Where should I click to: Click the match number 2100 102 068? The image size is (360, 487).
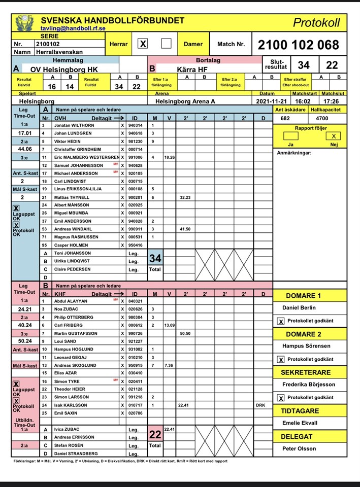(x=298, y=45)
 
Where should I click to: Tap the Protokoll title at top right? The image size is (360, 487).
(x=316, y=22)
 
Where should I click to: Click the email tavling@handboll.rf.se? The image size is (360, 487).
(x=73, y=29)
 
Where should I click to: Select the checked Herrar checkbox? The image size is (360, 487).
(x=143, y=44)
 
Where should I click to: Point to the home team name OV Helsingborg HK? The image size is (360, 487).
(x=64, y=69)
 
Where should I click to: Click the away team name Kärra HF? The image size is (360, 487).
(x=192, y=69)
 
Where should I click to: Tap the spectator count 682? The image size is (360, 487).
(x=286, y=118)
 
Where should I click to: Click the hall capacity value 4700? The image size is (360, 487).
(x=322, y=118)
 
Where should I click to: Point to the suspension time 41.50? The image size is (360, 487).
(x=184, y=229)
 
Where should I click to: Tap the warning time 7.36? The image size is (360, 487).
(x=169, y=365)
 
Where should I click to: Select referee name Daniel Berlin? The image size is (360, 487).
(x=299, y=307)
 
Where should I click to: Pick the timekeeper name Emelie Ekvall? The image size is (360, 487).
(x=300, y=423)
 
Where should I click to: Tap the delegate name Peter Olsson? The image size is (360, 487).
(x=299, y=448)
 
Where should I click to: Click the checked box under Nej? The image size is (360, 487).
(x=333, y=136)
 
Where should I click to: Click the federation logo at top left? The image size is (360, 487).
(x=22, y=22)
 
